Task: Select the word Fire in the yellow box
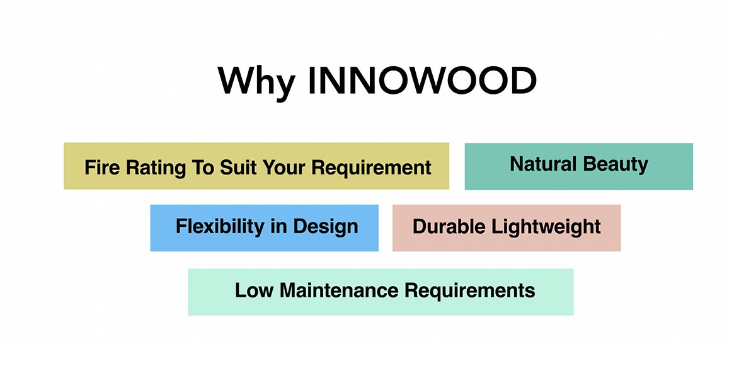click(x=101, y=168)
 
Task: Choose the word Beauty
click(x=618, y=165)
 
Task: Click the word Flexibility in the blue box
click(x=220, y=226)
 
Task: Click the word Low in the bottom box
click(x=254, y=290)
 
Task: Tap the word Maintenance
click(x=339, y=290)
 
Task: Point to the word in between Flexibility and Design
click(x=278, y=226)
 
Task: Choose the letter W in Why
click(x=236, y=80)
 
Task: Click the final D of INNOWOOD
click(x=521, y=80)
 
